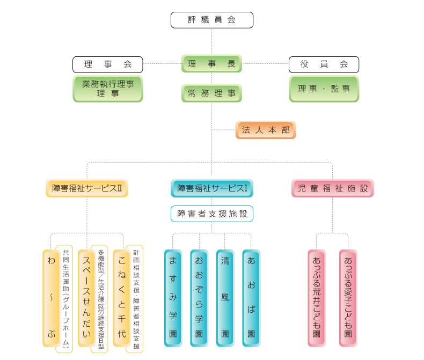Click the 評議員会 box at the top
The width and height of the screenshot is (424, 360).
coord(211,20)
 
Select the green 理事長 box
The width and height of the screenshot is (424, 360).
coord(211,64)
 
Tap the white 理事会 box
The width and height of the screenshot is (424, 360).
coord(108,64)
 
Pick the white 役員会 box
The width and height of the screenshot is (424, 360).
coord(324,64)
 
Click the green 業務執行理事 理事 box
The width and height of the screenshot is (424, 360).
coord(108,89)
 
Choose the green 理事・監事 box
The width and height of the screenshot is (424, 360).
coord(324,89)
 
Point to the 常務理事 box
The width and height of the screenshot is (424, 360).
coord(211,93)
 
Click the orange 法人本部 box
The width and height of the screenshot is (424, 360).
coord(266,130)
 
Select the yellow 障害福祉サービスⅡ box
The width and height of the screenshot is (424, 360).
coord(87,188)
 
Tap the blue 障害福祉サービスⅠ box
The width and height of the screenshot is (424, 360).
coord(211,188)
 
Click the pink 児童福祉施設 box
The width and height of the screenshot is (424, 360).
coord(332,188)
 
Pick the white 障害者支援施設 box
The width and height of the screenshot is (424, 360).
coord(211,214)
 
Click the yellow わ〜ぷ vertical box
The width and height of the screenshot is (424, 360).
coord(51,298)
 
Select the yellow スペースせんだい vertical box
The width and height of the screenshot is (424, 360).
coord(86,298)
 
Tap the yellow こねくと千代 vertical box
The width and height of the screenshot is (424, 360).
coord(121,298)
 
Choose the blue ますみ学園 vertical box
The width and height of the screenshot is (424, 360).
coord(173,298)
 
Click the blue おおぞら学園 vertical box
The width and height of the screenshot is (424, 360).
coord(199,298)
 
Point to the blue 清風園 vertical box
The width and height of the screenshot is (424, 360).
coord(225,298)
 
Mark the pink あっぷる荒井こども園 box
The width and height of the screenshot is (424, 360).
coord(317,298)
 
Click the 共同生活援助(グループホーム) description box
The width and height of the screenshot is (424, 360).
coord(64,299)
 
